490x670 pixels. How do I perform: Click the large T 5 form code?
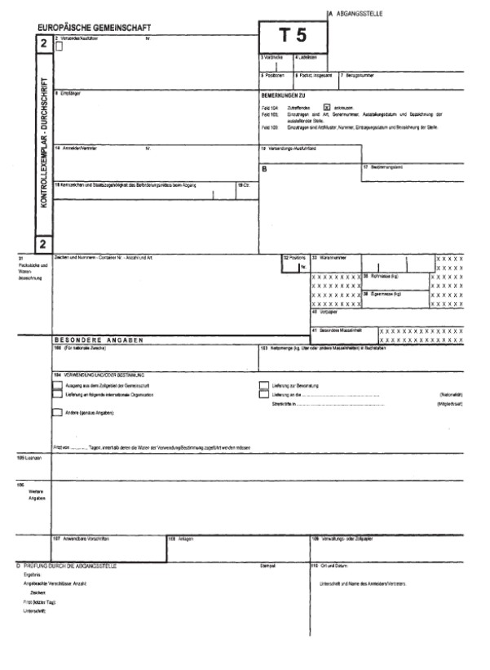tap(293, 36)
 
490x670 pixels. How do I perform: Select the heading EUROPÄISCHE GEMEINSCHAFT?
tap(99, 28)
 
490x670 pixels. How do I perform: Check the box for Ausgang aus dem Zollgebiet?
tap(56, 384)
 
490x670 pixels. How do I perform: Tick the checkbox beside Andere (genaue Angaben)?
tap(56, 413)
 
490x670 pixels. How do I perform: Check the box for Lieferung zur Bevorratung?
tap(264, 384)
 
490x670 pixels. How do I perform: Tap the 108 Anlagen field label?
tap(180, 539)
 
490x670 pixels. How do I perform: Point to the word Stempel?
tap(267, 566)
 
